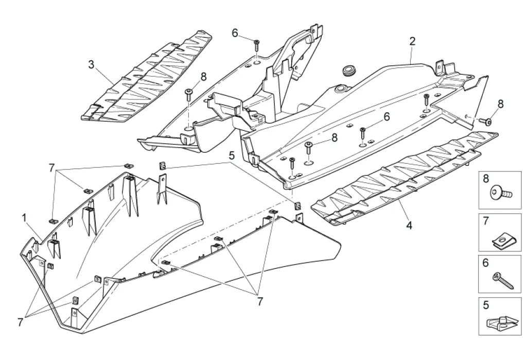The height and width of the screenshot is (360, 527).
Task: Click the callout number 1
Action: [24, 218]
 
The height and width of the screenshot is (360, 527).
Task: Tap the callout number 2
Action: [412, 41]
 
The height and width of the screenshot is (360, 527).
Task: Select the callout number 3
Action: [91, 65]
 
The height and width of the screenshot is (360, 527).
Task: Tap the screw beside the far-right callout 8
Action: [486, 122]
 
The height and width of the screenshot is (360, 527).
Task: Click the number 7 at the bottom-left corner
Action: [21, 322]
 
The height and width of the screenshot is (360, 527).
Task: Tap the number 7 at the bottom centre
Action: [259, 302]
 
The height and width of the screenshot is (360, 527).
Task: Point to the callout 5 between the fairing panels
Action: [232, 155]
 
